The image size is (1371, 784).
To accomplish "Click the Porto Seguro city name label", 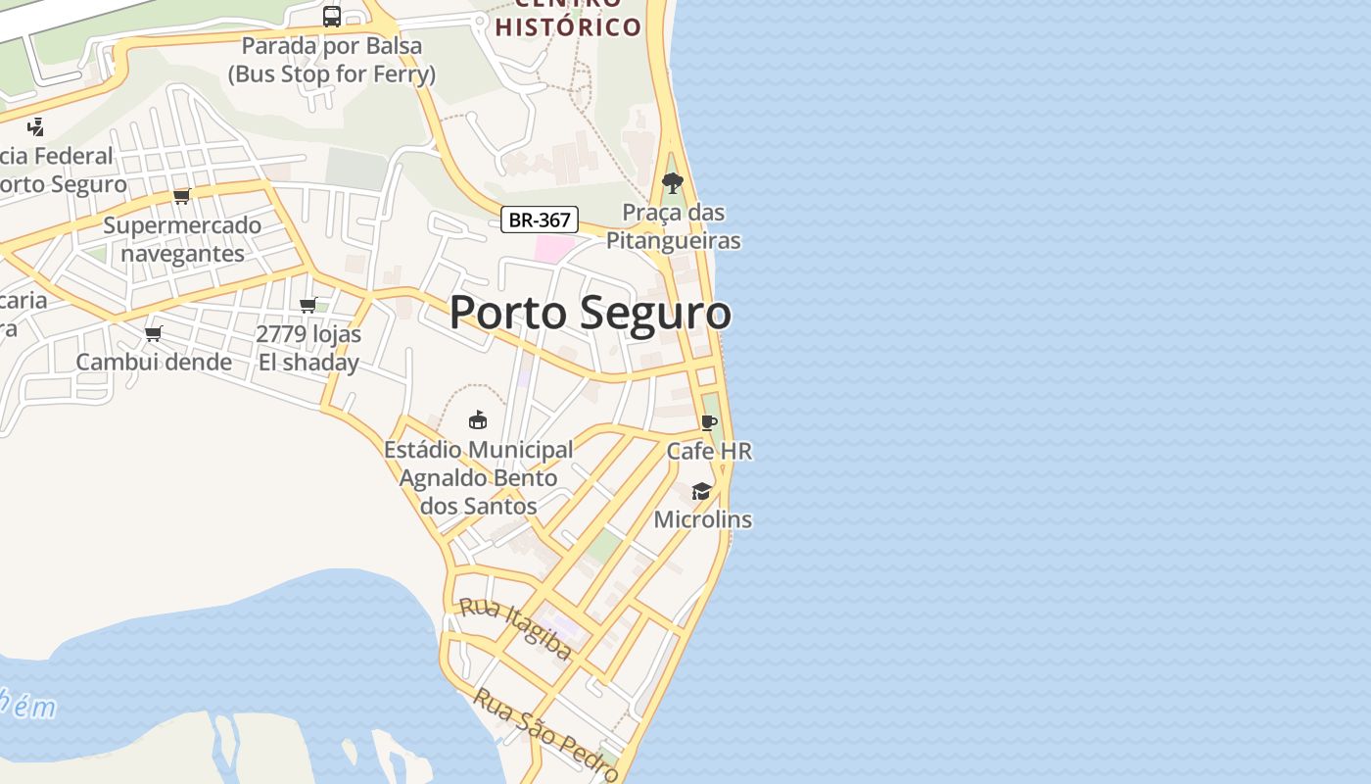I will (x=590, y=313).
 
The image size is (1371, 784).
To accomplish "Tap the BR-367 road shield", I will (x=540, y=220).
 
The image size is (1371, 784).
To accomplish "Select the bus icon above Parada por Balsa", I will (x=332, y=16).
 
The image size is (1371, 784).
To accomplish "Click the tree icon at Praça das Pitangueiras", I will (x=673, y=182).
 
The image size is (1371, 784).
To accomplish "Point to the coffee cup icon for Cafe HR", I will (x=709, y=422).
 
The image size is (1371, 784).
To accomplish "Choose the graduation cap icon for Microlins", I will (x=702, y=491).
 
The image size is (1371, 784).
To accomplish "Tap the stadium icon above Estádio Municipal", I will (x=478, y=420).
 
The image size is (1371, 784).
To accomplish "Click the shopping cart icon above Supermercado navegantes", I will (x=181, y=196).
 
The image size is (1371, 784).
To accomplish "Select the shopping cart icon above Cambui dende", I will (x=153, y=333).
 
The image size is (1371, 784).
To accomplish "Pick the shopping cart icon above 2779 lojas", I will (x=308, y=305).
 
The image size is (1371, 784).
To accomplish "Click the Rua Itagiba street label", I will (x=516, y=628).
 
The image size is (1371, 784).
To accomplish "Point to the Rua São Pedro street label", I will (x=546, y=735).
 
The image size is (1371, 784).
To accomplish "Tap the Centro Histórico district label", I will (x=568, y=24).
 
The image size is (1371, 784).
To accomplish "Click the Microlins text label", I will (x=702, y=519).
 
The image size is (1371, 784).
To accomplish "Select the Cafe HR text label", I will (x=709, y=451).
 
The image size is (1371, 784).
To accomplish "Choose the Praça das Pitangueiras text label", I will (x=674, y=226).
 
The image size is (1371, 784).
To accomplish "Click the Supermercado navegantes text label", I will (x=182, y=239).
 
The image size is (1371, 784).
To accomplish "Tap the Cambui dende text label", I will (x=154, y=362).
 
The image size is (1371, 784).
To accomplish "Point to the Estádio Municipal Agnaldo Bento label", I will (x=479, y=477).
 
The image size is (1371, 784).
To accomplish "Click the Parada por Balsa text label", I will (x=332, y=60).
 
